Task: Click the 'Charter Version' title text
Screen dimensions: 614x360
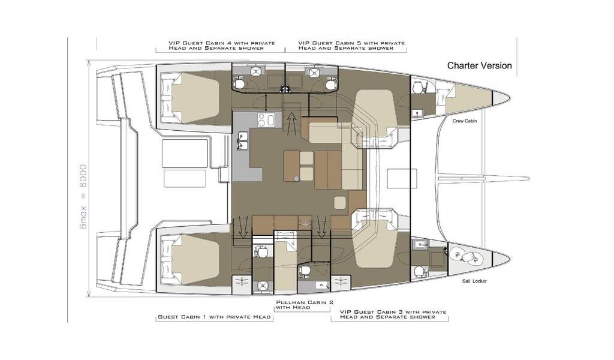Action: pyautogui.click(x=479, y=65)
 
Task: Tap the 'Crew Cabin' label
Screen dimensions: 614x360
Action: pyautogui.click(x=465, y=121)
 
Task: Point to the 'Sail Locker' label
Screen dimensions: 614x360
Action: pyautogui.click(x=474, y=281)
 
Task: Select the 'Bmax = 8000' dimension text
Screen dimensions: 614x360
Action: pyautogui.click(x=83, y=196)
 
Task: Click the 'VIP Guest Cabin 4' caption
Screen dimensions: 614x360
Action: pyautogui.click(x=222, y=46)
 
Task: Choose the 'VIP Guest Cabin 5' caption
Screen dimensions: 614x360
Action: pyautogui.click(x=351, y=46)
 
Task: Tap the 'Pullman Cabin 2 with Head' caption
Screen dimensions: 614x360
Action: pyautogui.click(x=305, y=305)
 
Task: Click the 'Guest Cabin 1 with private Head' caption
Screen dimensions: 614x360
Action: pyautogui.click(x=214, y=317)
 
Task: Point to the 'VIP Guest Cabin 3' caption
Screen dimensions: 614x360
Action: pyautogui.click(x=393, y=314)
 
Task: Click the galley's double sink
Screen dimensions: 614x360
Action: pyautogui.click(x=243, y=141)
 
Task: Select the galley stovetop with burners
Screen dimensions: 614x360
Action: pyautogui.click(x=266, y=119)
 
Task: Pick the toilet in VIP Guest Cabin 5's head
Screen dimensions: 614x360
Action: pyautogui.click(x=332, y=84)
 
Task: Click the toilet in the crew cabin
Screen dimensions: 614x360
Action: pyautogui.click(x=419, y=88)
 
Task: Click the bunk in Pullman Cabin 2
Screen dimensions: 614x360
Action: pyautogui.click(x=285, y=262)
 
